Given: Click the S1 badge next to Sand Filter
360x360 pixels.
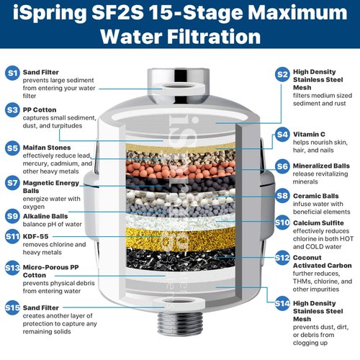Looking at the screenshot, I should click(12, 73).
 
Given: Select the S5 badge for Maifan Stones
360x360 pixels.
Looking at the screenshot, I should click(12, 148).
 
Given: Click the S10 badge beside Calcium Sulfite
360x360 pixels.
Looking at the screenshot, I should click(282, 223).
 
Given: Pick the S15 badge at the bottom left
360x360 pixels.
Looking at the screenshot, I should click(12, 308).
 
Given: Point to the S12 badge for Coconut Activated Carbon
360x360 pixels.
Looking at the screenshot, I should click(282, 258).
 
